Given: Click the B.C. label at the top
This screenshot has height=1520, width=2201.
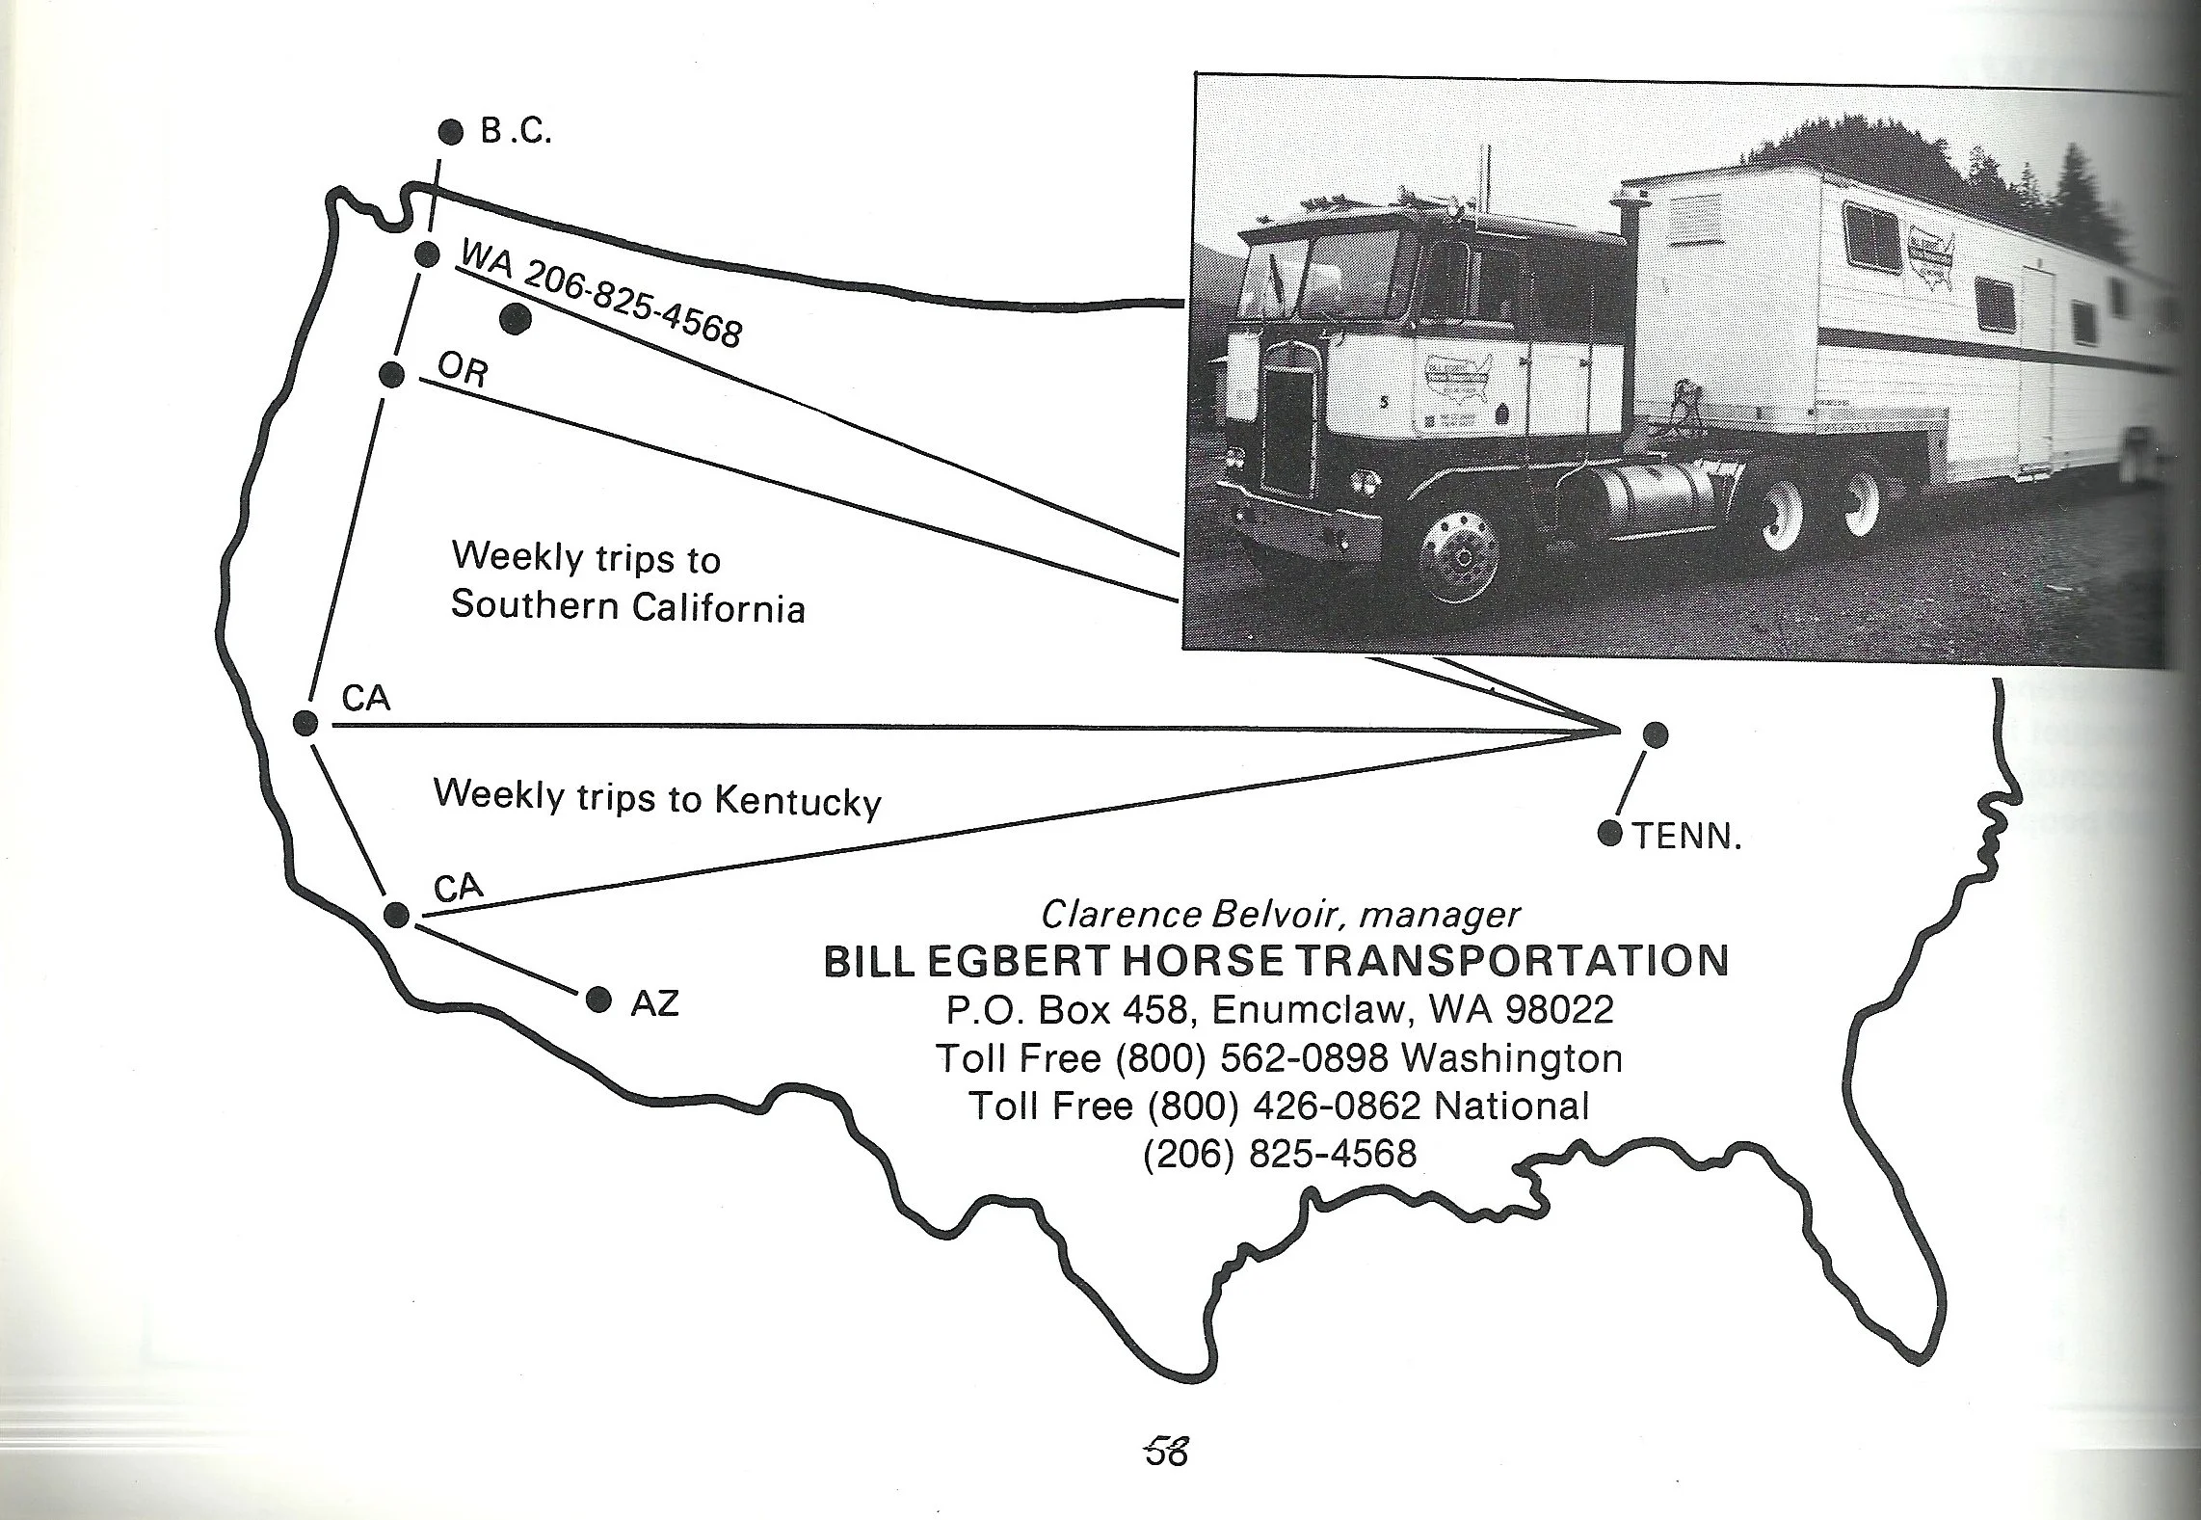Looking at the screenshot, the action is click(x=517, y=132).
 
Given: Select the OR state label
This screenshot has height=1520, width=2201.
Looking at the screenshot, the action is click(x=463, y=368).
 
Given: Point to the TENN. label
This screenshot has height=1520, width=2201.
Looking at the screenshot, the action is click(x=1687, y=837).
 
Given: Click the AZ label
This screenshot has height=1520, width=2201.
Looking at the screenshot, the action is click(x=655, y=1004).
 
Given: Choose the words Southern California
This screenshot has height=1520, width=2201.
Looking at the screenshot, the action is click(x=627, y=606).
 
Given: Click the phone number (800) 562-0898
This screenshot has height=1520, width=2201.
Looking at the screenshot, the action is click(x=1252, y=1058).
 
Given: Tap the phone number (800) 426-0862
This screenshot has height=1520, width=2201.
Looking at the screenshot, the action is click(x=1285, y=1106).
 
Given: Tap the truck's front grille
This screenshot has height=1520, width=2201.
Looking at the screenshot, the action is click(x=1288, y=432).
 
